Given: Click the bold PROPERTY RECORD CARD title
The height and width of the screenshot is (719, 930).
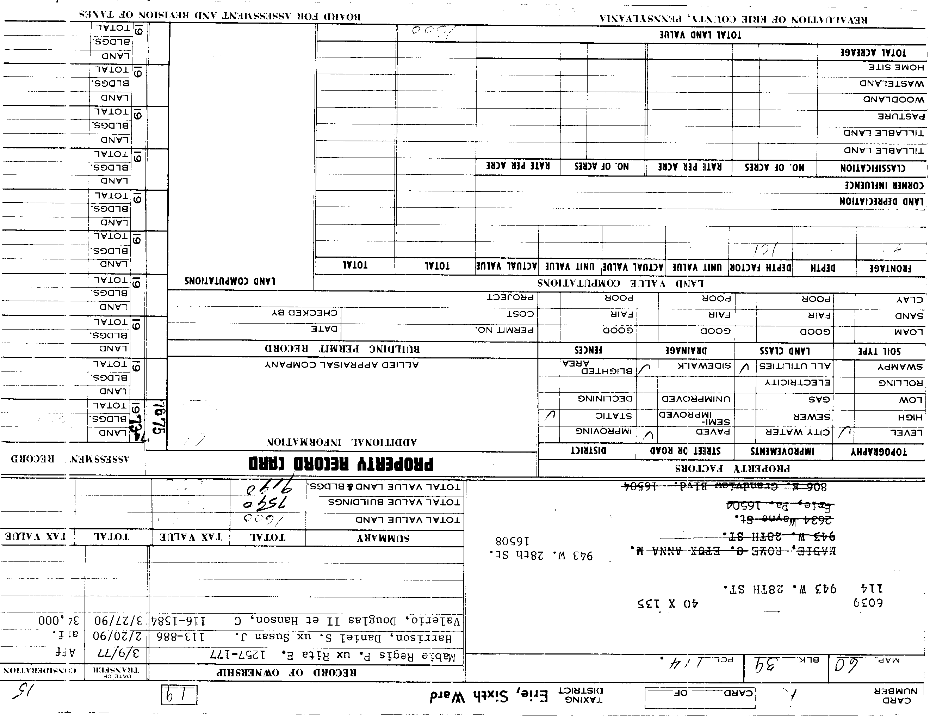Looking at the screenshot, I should click(341, 463).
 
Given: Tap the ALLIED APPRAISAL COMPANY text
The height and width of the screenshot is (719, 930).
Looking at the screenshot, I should click(342, 365).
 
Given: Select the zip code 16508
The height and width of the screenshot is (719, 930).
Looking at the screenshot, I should click(512, 541).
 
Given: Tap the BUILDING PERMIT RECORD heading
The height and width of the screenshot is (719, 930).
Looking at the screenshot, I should click(342, 349).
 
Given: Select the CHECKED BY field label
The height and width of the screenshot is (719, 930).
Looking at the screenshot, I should click(305, 313).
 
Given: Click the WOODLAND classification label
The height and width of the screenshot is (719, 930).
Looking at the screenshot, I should click(894, 100).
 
